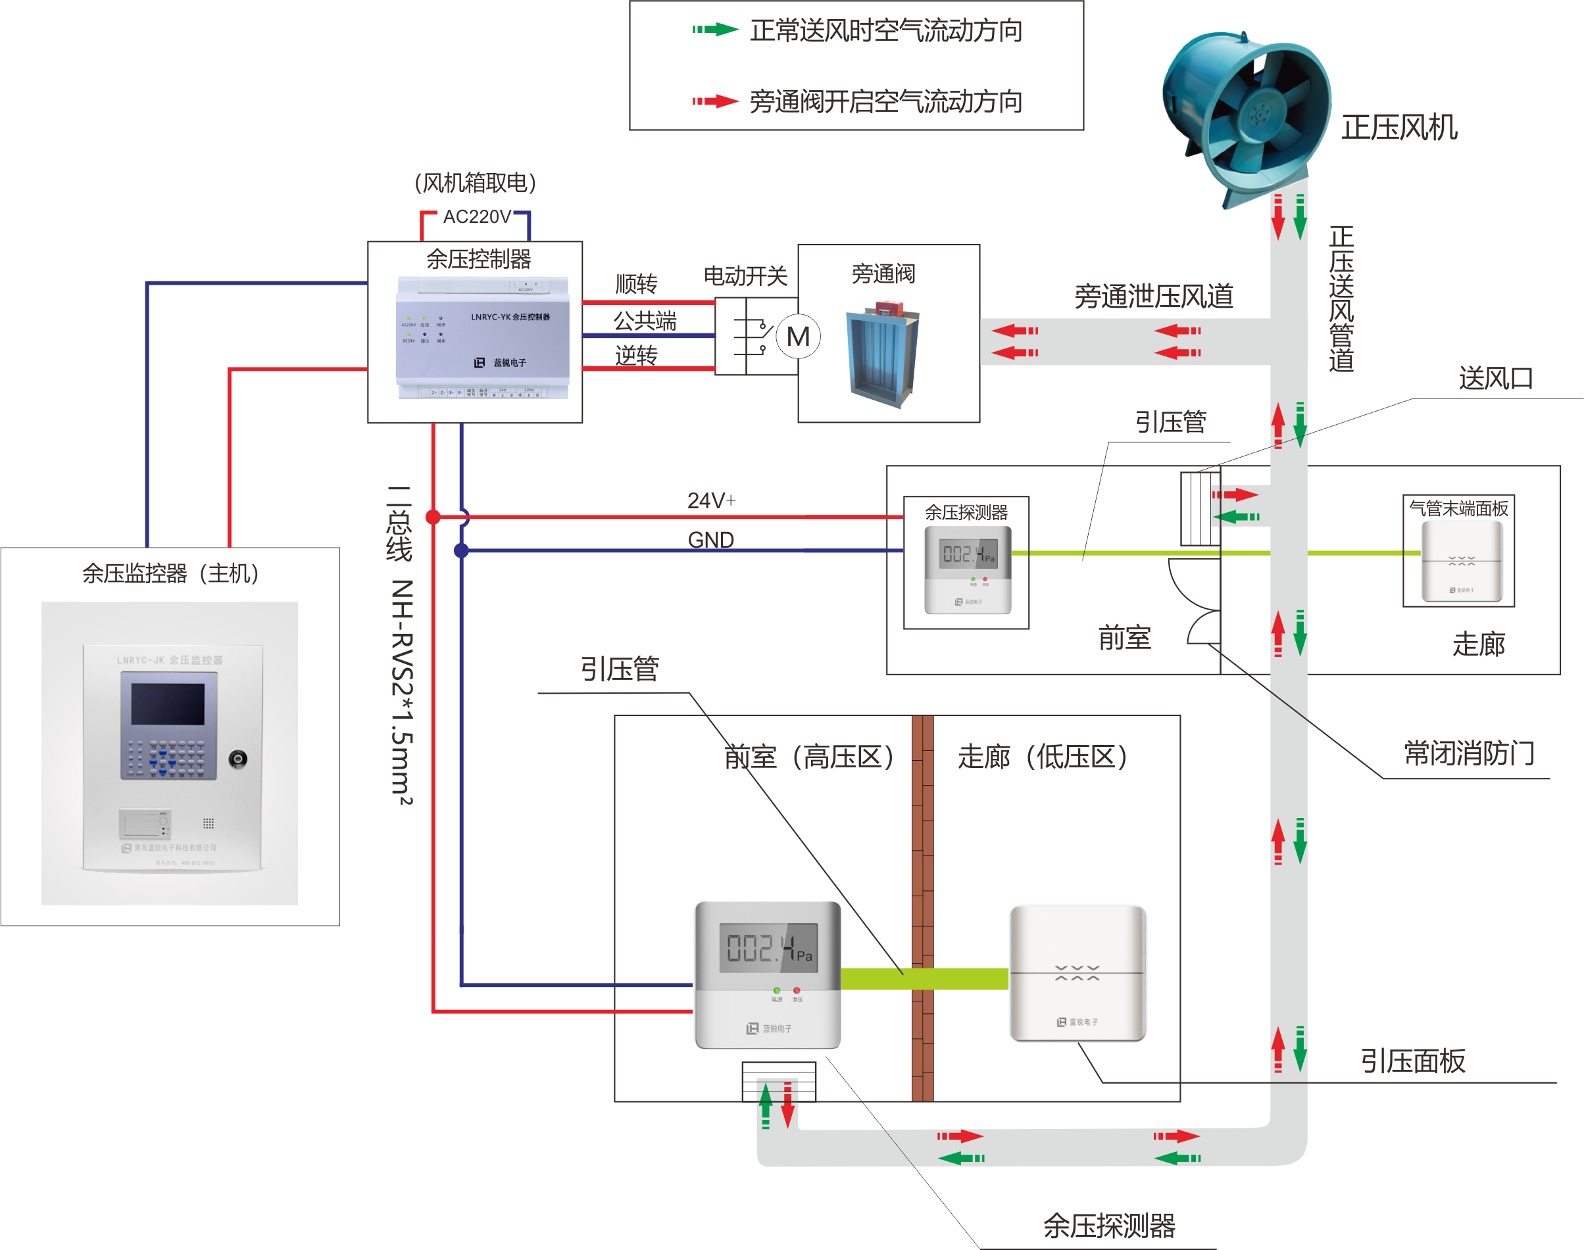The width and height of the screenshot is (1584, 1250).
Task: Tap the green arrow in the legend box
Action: (715, 30)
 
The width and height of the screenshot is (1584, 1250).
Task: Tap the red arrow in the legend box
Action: (715, 101)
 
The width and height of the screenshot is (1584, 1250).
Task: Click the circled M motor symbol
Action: (798, 337)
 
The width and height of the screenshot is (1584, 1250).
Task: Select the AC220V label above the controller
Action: (476, 216)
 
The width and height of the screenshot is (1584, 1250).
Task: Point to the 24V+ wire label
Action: (710, 500)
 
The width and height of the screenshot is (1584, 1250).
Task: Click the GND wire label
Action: (710, 539)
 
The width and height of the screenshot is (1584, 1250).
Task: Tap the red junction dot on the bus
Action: (433, 517)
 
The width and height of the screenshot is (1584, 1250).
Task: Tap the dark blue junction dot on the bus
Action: (461, 550)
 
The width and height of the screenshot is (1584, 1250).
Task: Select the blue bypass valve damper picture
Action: (883, 356)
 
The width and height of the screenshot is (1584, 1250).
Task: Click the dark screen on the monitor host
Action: (168, 704)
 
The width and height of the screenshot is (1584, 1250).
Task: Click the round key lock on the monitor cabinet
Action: (237, 759)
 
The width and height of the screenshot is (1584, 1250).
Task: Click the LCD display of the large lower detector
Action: (768, 948)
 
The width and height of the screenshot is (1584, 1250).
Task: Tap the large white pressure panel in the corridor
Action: (1077, 973)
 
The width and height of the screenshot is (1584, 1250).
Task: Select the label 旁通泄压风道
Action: (1154, 297)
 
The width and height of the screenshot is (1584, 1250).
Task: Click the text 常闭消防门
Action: (1468, 753)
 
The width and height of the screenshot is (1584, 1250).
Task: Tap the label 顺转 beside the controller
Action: (635, 283)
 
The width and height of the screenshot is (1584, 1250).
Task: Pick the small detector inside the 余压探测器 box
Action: (968, 569)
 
